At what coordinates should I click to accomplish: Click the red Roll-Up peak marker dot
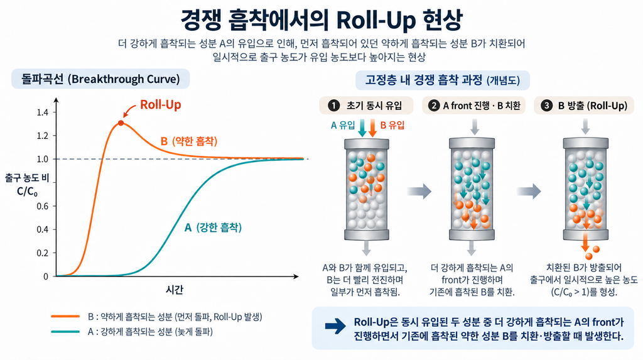coord(121,123)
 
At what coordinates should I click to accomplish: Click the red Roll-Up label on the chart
coord(161,105)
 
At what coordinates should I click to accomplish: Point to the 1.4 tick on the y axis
coord(43,112)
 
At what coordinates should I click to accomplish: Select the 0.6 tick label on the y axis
coord(43,206)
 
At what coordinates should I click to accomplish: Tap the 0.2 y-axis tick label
coord(43,253)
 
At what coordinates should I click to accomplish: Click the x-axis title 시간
coord(175,290)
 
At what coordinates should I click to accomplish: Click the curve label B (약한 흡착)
coord(189,141)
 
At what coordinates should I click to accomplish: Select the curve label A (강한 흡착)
coord(213,227)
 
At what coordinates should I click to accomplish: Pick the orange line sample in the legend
coord(65,317)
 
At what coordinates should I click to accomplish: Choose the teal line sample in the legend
coord(65,332)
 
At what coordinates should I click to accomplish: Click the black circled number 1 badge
coord(334,106)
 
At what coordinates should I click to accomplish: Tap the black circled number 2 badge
coord(434,106)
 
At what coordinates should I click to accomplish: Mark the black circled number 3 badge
coord(546,106)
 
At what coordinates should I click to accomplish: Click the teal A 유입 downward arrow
coord(362,128)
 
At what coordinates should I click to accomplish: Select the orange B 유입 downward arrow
coord(372,128)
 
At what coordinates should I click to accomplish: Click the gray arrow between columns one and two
coord(419,191)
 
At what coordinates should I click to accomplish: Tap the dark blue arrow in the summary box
coord(335,327)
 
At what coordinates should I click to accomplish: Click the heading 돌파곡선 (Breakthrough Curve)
coord(100,79)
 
